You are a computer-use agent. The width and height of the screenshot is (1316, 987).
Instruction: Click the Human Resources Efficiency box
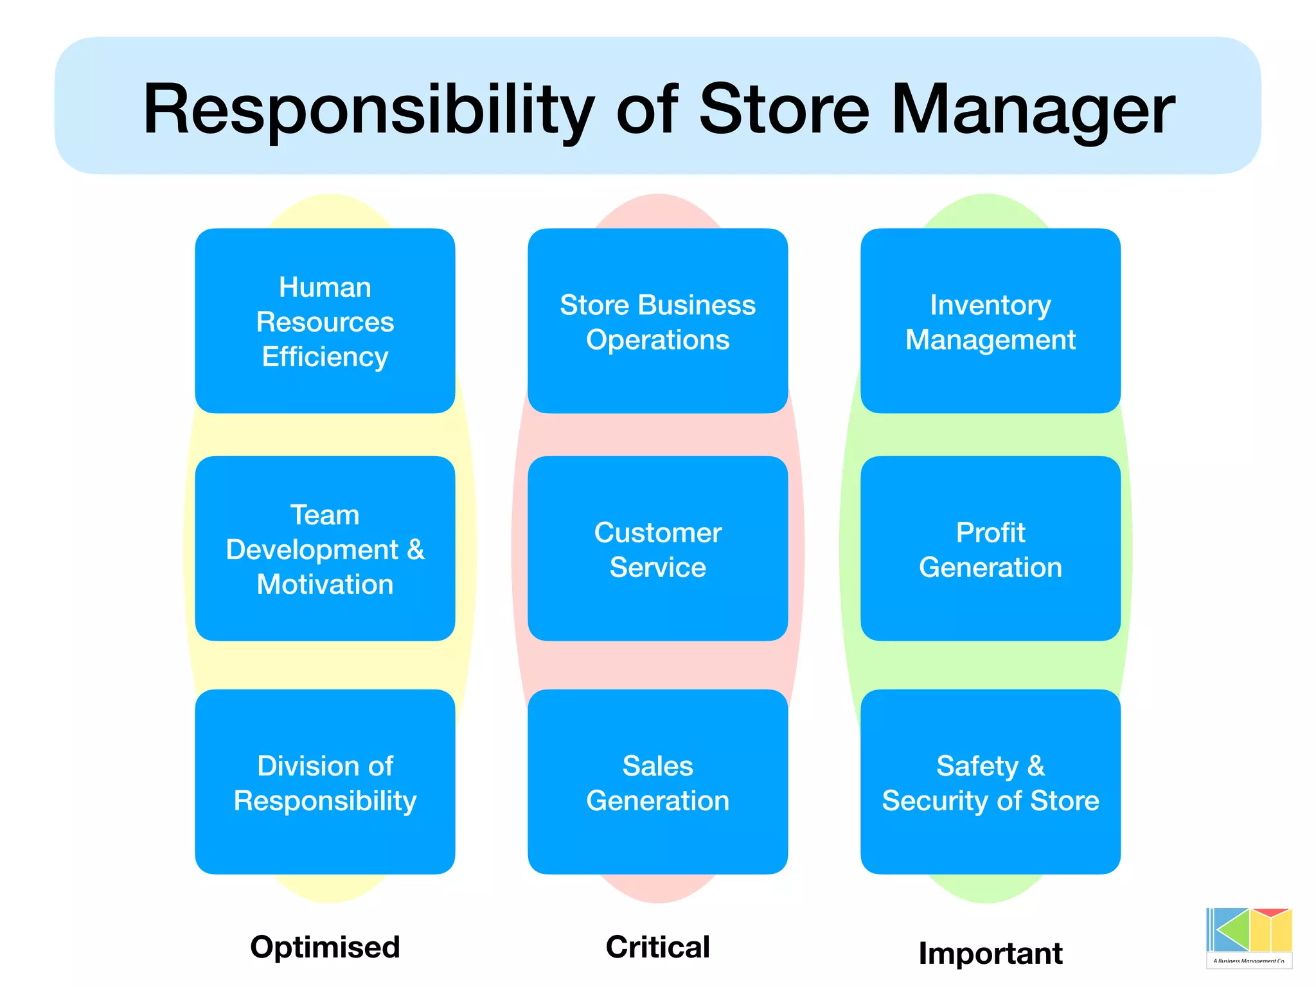pyautogui.click(x=325, y=321)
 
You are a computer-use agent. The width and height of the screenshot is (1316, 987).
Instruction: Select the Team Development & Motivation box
pyautogui.click(x=325, y=549)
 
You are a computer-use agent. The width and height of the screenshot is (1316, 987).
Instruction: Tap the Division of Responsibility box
pyautogui.click(x=325, y=782)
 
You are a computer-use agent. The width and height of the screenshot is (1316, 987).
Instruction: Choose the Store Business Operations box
pyautogui.click(x=657, y=321)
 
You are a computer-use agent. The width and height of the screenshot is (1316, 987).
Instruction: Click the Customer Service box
pyautogui.click(x=657, y=549)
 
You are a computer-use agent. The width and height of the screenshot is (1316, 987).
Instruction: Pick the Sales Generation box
pyautogui.click(x=657, y=782)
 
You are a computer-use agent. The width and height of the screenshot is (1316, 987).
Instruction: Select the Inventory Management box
pyautogui.click(x=990, y=321)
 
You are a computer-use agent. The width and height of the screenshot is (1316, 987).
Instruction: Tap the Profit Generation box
pyautogui.click(x=990, y=549)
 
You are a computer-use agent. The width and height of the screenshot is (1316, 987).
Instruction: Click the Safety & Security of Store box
pyautogui.click(x=990, y=782)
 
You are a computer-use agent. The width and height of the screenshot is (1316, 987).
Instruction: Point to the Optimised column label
pyautogui.click(x=325, y=947)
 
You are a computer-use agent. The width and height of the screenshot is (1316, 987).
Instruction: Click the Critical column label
pyautogui.click(x=657, y=947)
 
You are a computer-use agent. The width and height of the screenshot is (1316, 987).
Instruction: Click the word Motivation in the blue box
pyautogui.click(x=325, y=584)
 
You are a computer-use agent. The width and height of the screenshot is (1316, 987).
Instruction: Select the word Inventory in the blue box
pyautogui.click(x=990, y=305)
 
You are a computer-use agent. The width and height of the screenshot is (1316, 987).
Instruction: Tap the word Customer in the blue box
pyautogui.click(x=657, y=533)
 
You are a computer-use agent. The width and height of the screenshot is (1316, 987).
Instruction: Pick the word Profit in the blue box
pyautogui.click(x=990, y=533)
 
